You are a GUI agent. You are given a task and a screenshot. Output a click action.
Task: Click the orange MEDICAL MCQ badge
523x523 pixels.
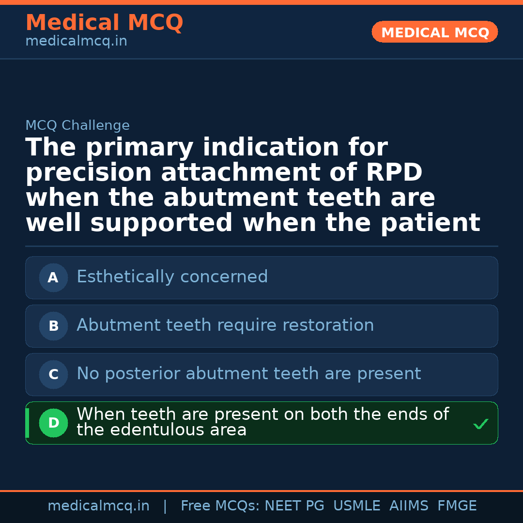coord(434,32)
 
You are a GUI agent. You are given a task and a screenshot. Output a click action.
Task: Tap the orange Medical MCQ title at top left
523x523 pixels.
coord(104,23)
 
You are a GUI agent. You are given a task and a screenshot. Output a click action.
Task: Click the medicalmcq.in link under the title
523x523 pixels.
coord(76,42)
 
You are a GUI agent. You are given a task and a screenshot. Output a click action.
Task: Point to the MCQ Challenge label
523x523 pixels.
coord(77,125)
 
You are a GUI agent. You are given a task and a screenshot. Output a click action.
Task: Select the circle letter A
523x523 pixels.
coord(53,277)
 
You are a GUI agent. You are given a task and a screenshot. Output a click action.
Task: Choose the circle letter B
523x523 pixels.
coord(53,326)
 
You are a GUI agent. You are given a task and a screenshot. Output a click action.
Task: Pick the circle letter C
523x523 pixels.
coord(53,374)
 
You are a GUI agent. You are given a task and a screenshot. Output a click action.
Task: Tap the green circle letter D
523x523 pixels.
coord(53,423)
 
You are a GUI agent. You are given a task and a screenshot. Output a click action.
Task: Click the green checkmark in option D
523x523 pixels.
coord(480,424)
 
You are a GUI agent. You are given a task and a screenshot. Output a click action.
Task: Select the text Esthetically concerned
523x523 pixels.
coord(172,277)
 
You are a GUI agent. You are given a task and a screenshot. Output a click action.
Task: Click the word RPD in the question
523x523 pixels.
coord(395,173)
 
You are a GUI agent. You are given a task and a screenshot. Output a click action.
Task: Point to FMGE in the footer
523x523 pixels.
coord(457,506)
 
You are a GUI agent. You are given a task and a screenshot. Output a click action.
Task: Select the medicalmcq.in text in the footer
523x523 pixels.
coord(98,506)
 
